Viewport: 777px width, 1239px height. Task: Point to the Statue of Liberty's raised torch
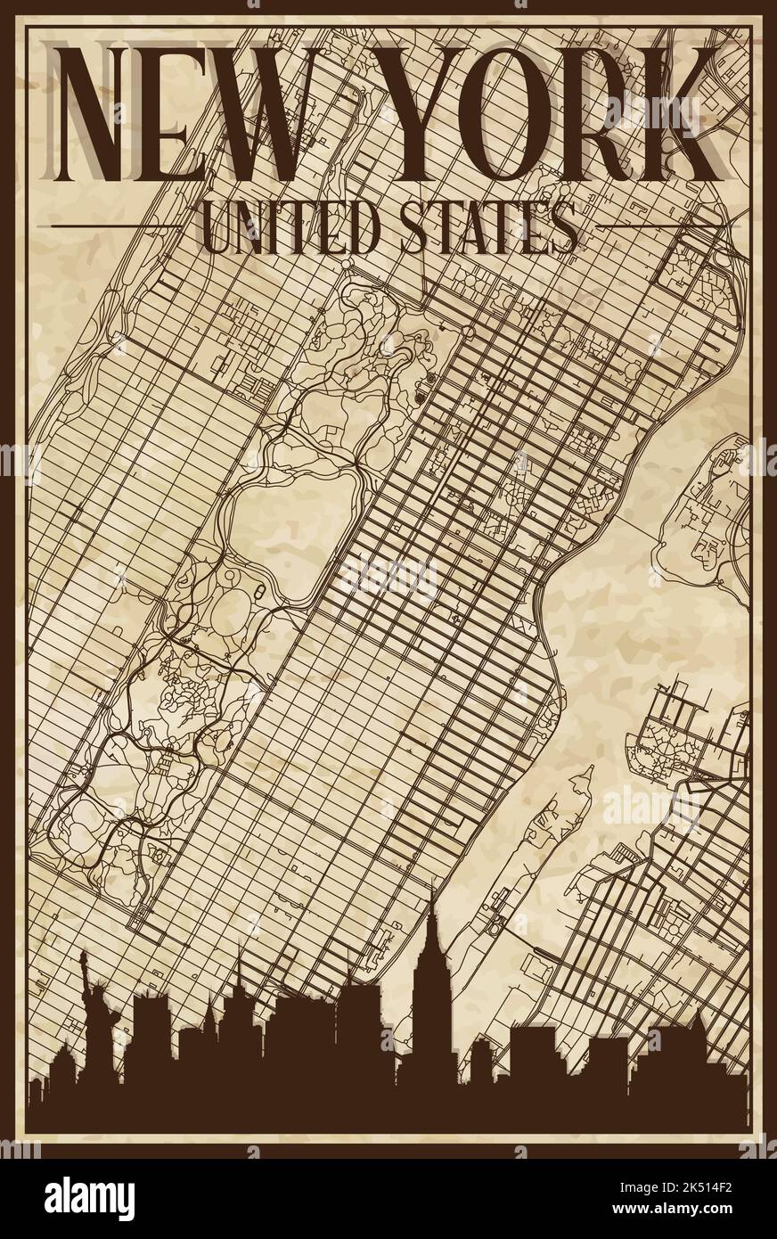[x=83, y=955]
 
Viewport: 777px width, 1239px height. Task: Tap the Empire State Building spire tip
[x=432, y=882]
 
